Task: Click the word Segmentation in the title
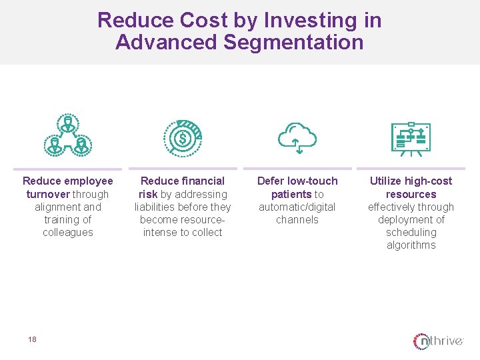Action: [294, 43]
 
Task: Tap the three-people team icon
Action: [67, 135]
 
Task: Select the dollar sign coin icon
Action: [183, 137]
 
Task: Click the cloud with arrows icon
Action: [297, 137]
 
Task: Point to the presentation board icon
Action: [411, 139]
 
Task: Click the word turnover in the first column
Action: [49, 194]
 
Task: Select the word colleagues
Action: [68, 232]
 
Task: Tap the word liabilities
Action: [157, 207]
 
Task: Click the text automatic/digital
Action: [297, 207]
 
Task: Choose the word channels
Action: [297, 219]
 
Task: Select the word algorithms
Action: [411, 245]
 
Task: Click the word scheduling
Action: [411, 232]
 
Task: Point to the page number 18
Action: [32, 339]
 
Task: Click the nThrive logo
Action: [438, 341]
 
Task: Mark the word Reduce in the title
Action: [135, 21]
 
